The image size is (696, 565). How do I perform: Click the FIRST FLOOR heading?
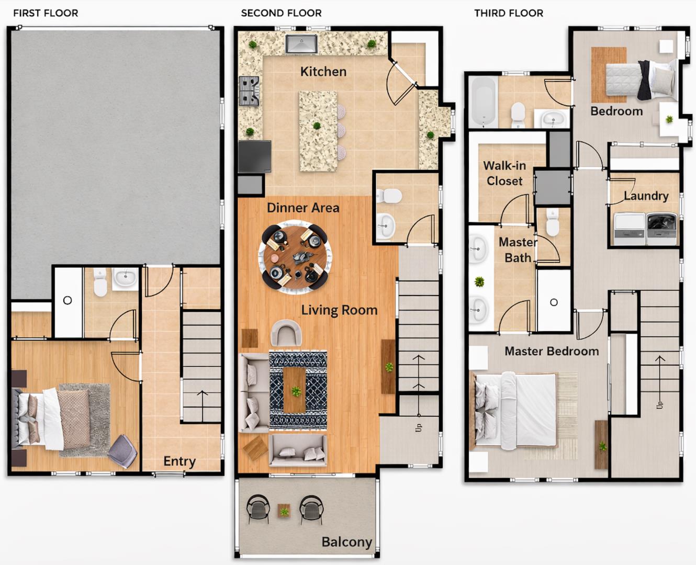pos(46,13)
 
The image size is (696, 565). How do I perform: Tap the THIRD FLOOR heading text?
pos(508,13)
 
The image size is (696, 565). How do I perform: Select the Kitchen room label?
pos(323,72)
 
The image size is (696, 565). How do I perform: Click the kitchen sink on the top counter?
pos(301,44)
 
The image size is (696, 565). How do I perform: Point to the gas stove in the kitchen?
pos(250,91)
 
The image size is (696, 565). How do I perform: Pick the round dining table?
pos(295,257)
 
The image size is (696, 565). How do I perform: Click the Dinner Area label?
pos(302,208)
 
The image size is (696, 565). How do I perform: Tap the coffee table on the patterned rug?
pos(294,390)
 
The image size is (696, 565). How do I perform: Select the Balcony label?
pos(346,542)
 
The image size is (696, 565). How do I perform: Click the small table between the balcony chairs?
pos(284,510)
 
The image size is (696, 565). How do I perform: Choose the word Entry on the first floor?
pos(179,461)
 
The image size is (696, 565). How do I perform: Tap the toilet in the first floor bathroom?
pos(100,282)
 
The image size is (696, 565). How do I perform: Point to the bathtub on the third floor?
pos(482,102)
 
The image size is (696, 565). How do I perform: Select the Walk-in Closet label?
pos(504,173)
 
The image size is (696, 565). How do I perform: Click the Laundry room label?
pos(646,196)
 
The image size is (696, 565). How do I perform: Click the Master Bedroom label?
pos(551,351)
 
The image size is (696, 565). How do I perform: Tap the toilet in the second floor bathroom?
pos(388,196)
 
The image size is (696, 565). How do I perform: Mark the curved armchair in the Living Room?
pos(286,333)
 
